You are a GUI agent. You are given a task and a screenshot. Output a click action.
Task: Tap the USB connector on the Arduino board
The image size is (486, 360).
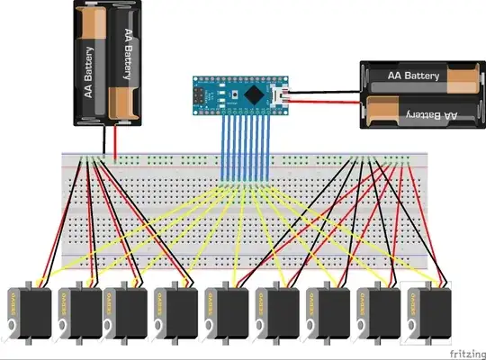pyautogui.click(x=282, y=94)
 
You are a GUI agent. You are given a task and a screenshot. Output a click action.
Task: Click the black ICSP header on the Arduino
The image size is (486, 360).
pyautogui.click(x=200, y=94)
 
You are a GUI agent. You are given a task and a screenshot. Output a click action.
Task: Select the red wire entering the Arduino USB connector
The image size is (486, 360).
pyautogui.click(x=324, y=100)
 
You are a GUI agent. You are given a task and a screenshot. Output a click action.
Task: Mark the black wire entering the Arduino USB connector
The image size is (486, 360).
pyautogui.click(x=324, y=90)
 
